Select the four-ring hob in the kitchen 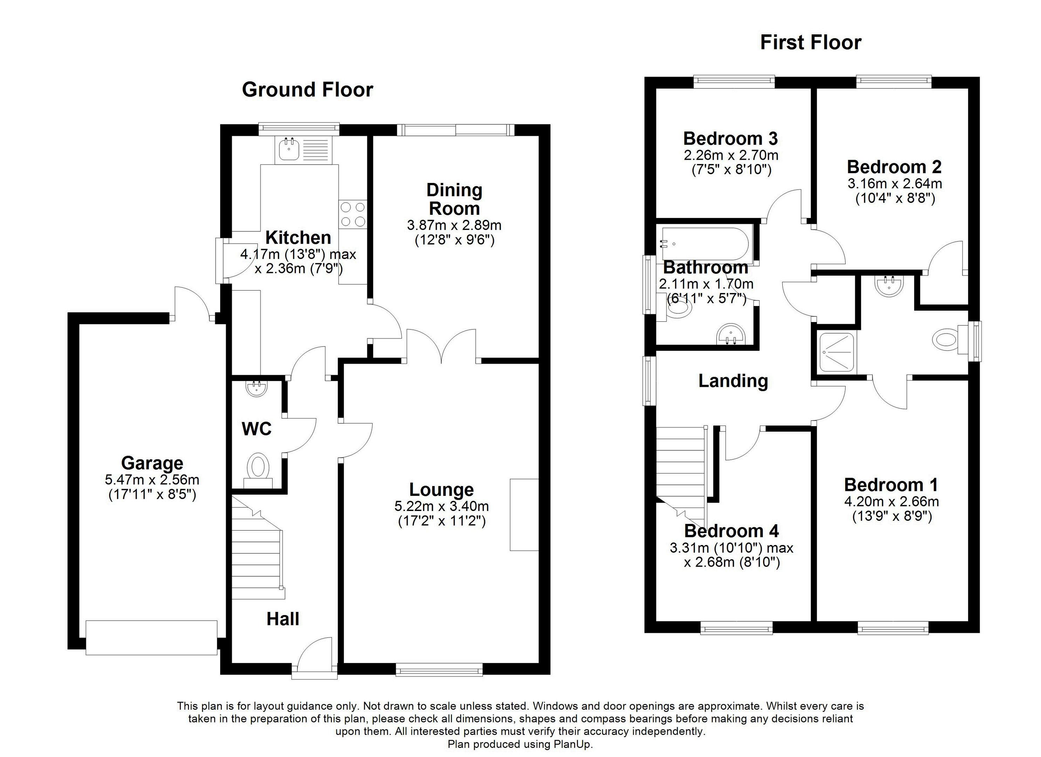353,214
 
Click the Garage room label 152,463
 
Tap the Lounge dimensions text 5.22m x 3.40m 441,506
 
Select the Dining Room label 454,199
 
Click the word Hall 283,619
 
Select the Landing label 733,381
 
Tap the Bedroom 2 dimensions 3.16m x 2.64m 894,184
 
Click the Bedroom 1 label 891,485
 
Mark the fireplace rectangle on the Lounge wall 524,514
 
